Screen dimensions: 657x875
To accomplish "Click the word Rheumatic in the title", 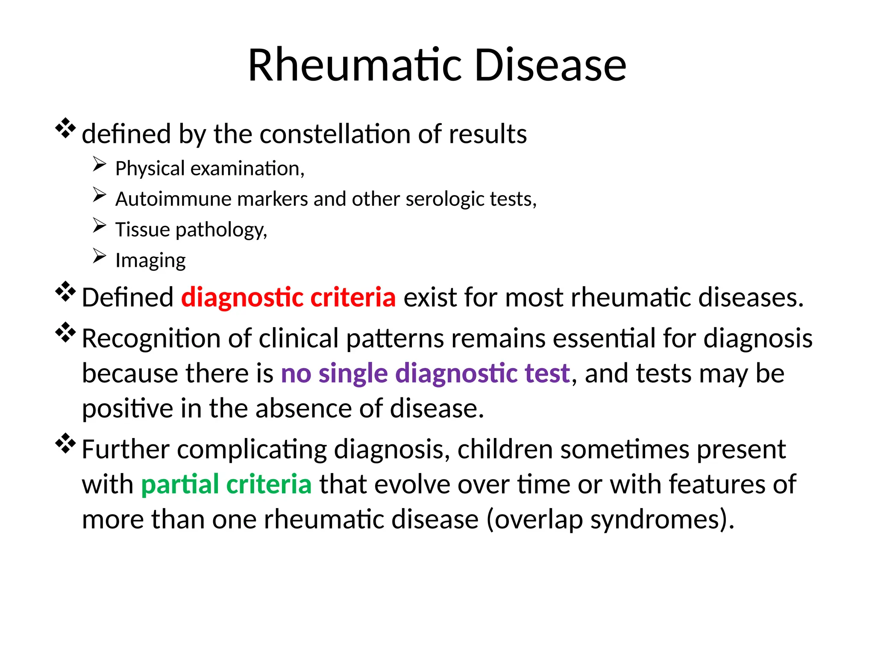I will (x=355, y=65).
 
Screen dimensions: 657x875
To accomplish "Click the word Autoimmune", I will (x=173, y=199).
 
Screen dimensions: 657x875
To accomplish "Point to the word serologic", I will (x=445, y=199).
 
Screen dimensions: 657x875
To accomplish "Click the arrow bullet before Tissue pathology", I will (x=99, y=225).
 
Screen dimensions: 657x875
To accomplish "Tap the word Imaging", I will (x=150, y=260).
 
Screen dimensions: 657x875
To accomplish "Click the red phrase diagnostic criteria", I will (x=288, y=297).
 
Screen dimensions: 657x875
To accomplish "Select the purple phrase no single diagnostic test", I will (x=425, y=373).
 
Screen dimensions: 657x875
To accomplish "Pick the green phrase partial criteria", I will (x=226, y=485).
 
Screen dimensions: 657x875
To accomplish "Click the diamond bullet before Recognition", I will (x=65, y=332).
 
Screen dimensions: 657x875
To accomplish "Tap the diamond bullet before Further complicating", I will (x=65, y=443).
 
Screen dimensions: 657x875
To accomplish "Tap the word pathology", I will (x=221, y=230).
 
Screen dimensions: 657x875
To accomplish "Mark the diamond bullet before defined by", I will (x=65, y=128).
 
